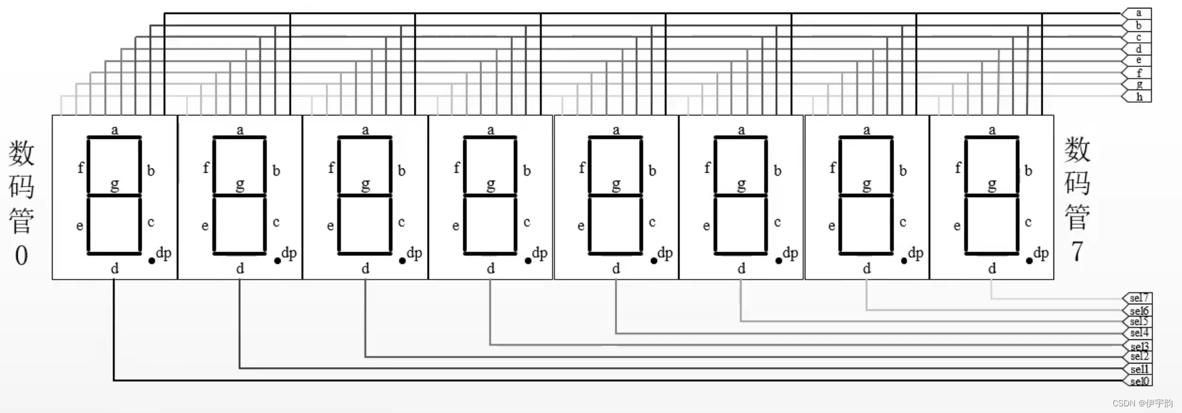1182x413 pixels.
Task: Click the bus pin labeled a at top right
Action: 1138,13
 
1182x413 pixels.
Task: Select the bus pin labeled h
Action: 1138,97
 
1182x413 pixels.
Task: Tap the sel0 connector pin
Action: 1139,381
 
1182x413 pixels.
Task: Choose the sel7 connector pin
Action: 1139,298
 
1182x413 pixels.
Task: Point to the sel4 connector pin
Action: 1139,333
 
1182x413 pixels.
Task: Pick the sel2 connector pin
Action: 1139,356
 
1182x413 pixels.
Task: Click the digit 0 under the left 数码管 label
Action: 21,255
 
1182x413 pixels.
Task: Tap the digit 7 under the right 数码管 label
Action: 1077,251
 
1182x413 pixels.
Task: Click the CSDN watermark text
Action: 1142,403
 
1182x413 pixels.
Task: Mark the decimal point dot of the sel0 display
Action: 151,261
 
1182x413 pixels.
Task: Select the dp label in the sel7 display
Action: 1041,253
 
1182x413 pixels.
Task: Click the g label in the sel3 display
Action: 491,185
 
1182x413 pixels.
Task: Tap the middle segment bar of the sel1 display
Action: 240,195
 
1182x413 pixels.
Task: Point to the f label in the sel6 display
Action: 833,167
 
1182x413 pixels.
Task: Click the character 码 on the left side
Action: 21,186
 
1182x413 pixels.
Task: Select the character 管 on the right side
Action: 1077,217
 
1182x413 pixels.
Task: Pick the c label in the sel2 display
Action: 401,222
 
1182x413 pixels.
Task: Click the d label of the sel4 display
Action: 616,269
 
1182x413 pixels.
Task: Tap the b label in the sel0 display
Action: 151,171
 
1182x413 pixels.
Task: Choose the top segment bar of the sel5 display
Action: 741,138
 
